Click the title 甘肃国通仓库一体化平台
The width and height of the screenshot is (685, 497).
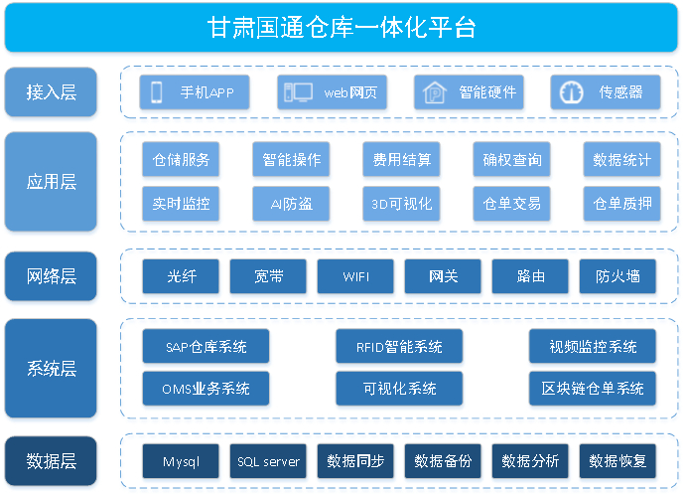point(342,28)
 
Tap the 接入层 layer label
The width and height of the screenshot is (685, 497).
point(51,91)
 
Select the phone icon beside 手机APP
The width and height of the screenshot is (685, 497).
point(157,92)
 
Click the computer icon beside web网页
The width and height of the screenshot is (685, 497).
point(298,92)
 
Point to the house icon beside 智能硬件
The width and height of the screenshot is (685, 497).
point(434,92)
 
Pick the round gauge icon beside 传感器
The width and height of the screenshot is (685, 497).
point(572,92)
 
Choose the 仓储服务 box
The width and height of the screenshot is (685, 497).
point(181,159)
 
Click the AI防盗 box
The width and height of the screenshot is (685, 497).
point(291,204)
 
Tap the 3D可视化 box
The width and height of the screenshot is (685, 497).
point(401,204)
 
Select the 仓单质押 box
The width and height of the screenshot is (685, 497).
point(621,204)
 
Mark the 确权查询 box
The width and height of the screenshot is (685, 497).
point(511,159)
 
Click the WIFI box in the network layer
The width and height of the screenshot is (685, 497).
point(355,276)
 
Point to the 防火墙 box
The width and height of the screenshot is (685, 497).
point(617,276)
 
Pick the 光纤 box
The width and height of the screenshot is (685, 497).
point(181,276)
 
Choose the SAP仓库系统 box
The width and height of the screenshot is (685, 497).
point(205,346)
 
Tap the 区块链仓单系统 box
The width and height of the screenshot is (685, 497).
point(593,389)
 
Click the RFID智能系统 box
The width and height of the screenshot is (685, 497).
point(399,346)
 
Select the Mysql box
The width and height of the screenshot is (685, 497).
point(181,461)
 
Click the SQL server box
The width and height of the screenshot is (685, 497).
point(268,461)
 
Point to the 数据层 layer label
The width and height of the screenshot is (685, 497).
point(51,461)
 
